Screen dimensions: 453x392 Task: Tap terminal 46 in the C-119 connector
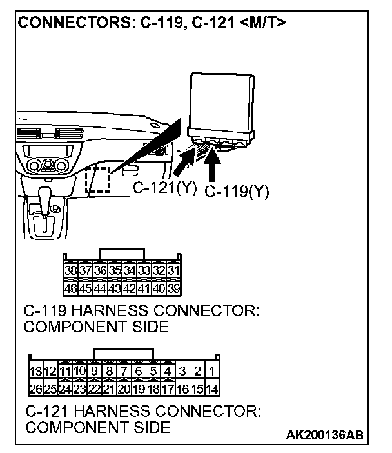point(70,287)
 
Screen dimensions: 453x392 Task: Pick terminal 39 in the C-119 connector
point(173,287)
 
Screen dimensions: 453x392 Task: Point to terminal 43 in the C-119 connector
point(115,287)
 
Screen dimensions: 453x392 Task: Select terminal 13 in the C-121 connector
point(36,372)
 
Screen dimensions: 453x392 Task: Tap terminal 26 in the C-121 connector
point(36,388)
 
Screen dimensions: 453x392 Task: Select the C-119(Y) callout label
point(236,192)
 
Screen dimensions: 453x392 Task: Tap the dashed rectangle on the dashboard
point(99,179)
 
